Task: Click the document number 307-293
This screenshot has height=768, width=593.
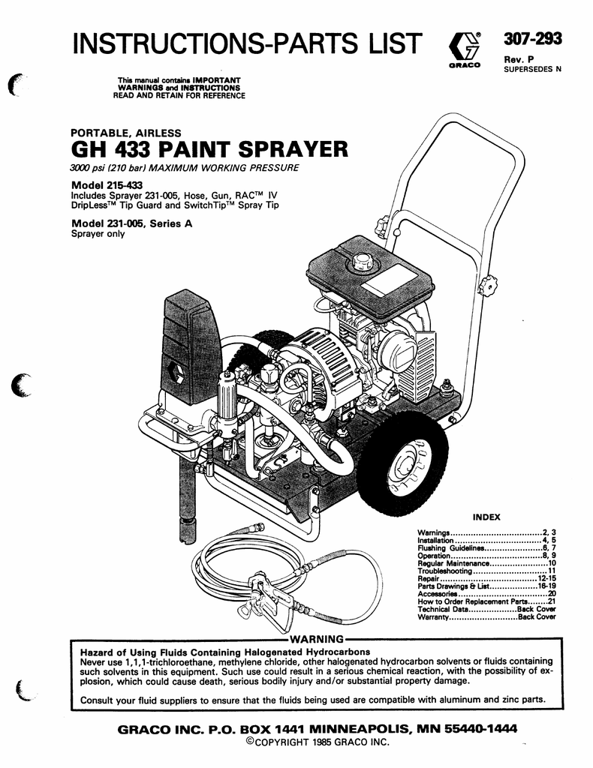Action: (533, 39)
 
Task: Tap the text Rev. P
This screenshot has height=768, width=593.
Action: (519, 59)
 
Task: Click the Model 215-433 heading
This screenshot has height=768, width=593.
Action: (107, 185)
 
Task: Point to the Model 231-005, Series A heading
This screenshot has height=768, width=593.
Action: (132, 223)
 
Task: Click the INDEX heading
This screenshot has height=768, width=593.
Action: (486, 517)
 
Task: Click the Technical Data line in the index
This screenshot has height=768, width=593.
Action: (486, 609)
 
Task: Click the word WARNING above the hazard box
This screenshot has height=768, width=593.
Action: (317, 639)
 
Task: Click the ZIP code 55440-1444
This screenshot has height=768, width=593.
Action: (480, 729)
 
